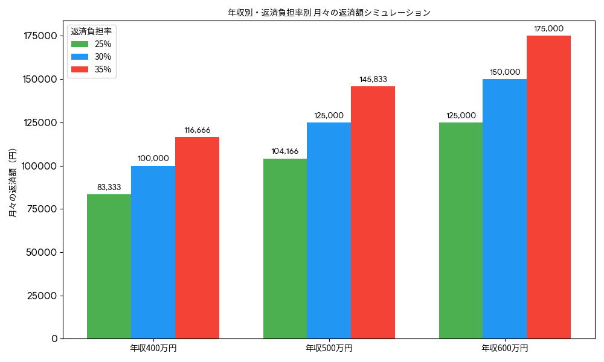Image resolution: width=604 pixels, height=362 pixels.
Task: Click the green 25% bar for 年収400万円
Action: pos(109,266)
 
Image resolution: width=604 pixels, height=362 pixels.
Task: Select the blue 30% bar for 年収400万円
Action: pos(153,252)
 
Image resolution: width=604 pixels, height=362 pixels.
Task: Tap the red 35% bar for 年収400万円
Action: pos(197,238)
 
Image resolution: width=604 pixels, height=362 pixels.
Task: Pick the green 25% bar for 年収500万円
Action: pos(285,249)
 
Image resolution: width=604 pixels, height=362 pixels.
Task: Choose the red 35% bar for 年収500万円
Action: pos(373,212)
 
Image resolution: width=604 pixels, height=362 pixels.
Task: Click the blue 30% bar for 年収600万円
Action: pos(504,209)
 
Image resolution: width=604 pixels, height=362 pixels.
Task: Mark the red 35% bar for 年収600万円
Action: pos(548,187)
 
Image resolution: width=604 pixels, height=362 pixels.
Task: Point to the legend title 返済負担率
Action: pos(91,31)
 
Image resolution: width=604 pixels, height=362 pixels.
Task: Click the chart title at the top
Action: pos(329,12)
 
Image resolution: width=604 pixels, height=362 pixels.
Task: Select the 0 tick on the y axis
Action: pos(54,339)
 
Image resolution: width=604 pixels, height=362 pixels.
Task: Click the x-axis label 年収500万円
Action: pos(329,349)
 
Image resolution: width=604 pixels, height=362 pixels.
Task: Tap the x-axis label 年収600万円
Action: pos(504,349)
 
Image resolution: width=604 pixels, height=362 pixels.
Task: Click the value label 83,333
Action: pos(109,187)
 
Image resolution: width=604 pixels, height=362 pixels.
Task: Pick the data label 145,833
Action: pos(373,79)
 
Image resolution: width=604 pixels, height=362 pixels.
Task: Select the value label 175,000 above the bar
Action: pos(548,28)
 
